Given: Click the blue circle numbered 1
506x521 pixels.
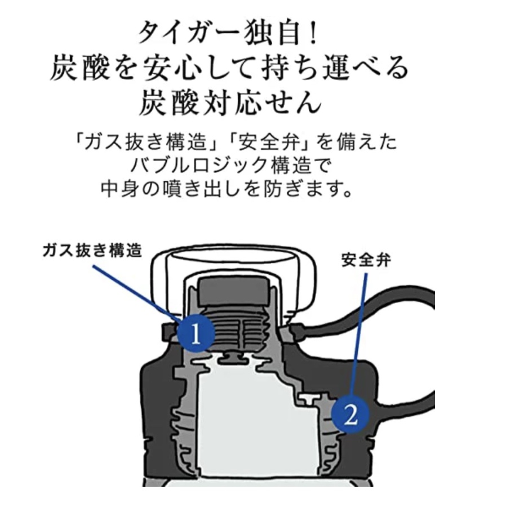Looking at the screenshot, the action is [x=196, y=333].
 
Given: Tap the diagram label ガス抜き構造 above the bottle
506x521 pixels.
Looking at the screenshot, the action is [x=92, y=250].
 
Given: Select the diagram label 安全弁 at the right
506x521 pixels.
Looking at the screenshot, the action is [x=366, y=260].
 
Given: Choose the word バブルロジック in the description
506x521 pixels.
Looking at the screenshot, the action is [x=200, y=165].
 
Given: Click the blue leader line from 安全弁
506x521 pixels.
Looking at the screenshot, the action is [x=359, y=335].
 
